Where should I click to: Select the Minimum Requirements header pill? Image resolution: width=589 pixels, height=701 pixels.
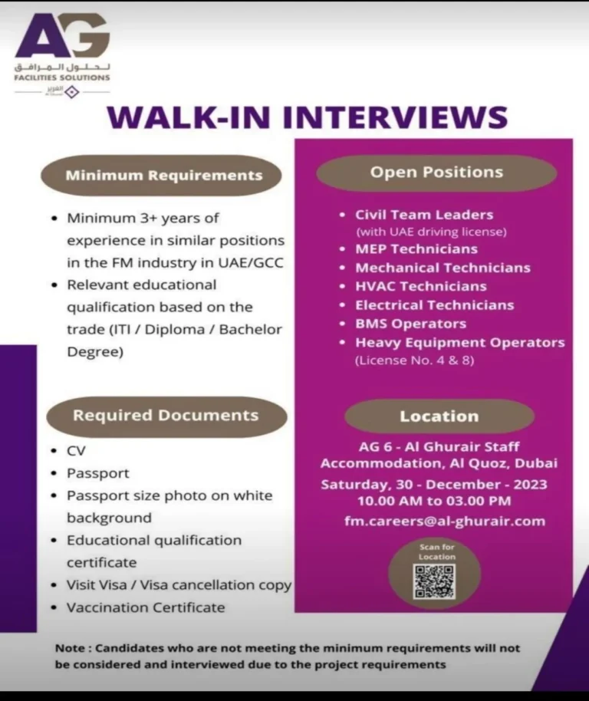coord(163,176)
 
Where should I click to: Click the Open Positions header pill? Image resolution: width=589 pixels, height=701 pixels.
coord(436,173)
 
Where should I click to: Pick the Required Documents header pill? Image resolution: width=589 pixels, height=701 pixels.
coord(166,416)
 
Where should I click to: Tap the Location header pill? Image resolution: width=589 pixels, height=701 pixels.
coord(439,416)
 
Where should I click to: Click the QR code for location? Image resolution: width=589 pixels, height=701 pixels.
coord(434,581)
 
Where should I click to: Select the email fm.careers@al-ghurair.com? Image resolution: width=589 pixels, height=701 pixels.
coord(445,521)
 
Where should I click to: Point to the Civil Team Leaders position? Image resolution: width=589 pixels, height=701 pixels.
coord(424,215)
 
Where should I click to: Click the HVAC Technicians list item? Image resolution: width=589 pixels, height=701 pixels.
coord(420,286)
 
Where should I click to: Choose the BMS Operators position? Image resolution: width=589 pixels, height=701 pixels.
coord(410,324)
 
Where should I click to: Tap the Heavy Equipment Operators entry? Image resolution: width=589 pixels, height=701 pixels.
coord(459,342)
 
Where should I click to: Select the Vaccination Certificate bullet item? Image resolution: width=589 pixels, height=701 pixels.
coord(146,607)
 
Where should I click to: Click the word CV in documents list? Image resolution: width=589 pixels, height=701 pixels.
coord(76,451)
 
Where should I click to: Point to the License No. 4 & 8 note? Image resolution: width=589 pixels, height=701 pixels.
coord(413,360)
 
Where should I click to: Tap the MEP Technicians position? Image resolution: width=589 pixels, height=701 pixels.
coord(416,249)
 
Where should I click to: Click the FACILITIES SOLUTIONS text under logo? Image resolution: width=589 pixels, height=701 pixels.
coord(62,77)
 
